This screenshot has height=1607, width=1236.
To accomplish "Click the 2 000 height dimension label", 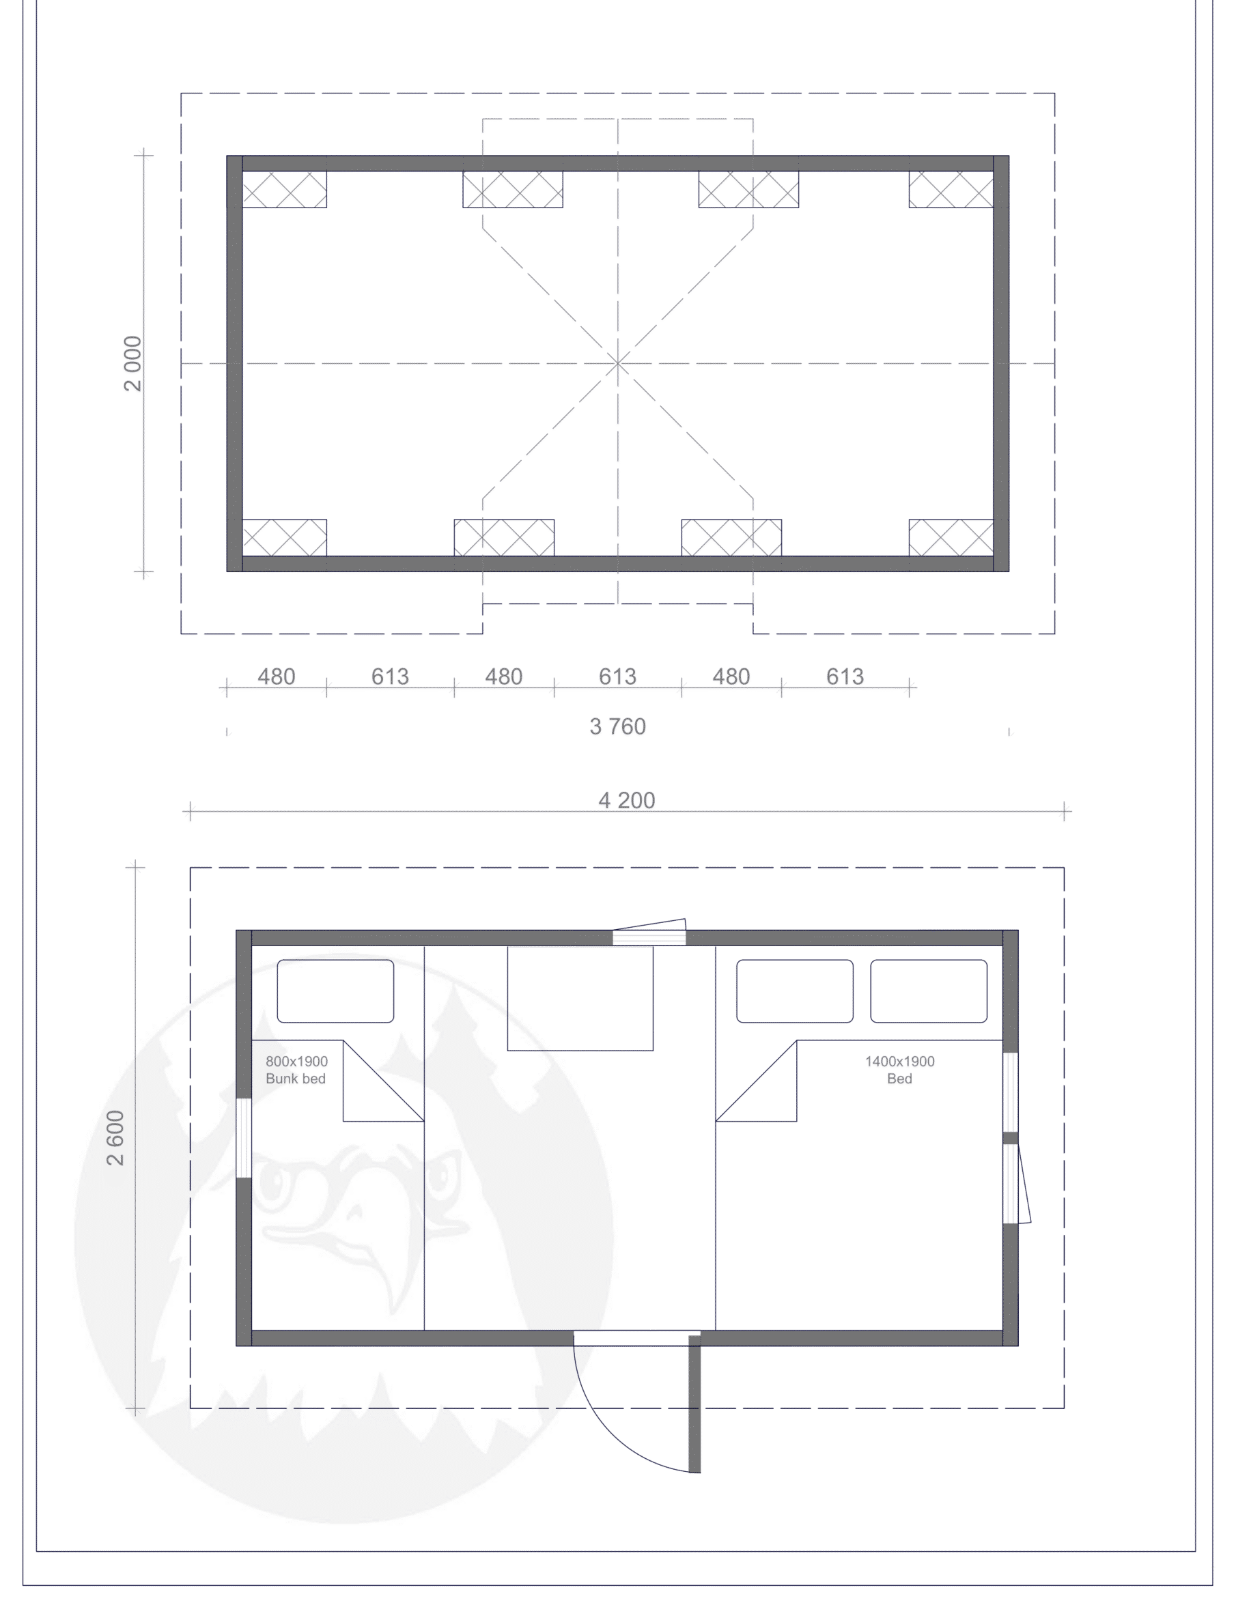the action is click(x=133, y=363).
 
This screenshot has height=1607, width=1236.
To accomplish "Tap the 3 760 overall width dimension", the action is click(x=618, y=726).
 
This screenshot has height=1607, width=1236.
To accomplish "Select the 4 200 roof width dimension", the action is click(x=627, y=800).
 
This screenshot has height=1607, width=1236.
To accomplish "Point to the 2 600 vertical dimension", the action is click(x=115, y=1138).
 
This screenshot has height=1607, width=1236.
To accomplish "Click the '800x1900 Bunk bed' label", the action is click(x=296, y=1070).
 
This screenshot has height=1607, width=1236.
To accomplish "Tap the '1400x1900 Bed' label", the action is click(x=900, y=1070).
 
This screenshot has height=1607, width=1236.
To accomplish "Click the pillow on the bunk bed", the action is click(x=335, y=991).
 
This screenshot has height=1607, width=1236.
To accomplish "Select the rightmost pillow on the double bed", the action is click(x=929, y=991).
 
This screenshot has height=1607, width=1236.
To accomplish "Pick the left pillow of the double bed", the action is click(x=795, y=991).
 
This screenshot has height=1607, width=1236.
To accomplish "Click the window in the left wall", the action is click(x=244, y=1139).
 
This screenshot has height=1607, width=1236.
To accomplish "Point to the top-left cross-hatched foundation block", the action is click(x=285, y=190).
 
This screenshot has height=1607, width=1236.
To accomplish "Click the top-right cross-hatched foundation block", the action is click(x=951, y=190).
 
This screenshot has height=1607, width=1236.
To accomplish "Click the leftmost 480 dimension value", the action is click(x=277, y=677).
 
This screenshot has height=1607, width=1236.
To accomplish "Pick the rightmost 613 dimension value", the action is click(x=845, y=677).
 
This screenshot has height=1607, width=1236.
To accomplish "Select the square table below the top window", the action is click(x=580, y=998).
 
